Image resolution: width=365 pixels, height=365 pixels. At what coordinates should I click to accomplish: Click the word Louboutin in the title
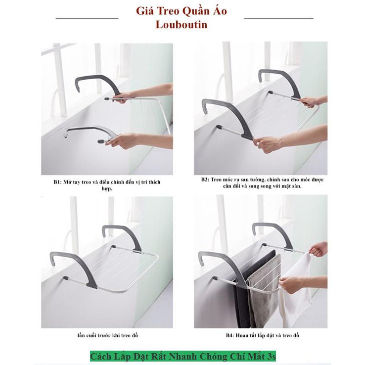click(x=182, y=25)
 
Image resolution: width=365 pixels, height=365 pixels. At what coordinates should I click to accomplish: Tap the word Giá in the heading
click(x=144, y=11)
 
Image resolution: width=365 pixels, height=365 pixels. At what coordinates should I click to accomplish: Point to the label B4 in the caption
click(x=230, y=335)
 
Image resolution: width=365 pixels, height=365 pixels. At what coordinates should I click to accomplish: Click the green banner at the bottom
click(x=183, y=357)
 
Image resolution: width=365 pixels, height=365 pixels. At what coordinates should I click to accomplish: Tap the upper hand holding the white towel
click(x=319, y=249)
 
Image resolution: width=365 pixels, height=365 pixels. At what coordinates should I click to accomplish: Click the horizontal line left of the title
click(x=87, y=18)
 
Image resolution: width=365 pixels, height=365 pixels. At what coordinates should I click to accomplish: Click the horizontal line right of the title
click(x=278, y=18)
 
